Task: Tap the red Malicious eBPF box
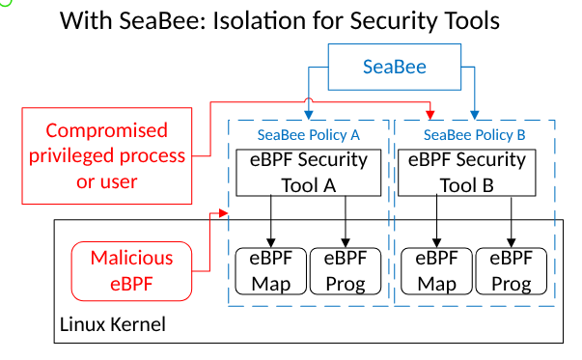click(131, 270)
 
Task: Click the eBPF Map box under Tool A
click(270, 271)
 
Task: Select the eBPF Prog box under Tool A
click(346, 271)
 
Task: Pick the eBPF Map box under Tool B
click(434, 271)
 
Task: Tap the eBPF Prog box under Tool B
click(510, 271)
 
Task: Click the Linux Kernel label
click(113, 324)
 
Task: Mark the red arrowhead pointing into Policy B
click(430, 113)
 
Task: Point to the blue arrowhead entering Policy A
click(308, 114)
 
